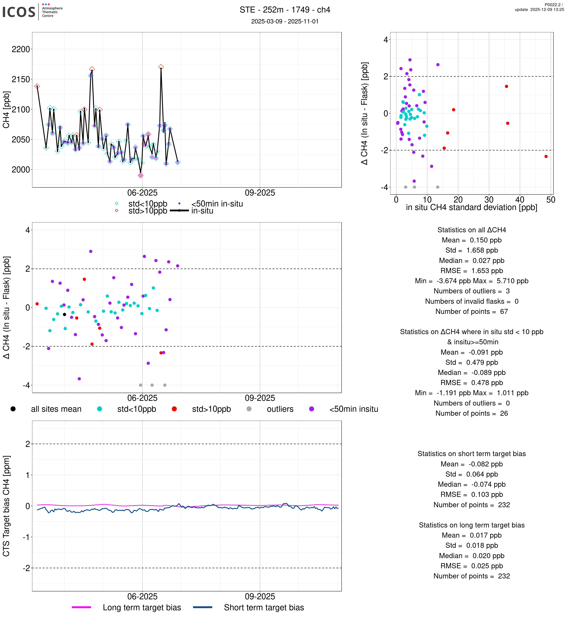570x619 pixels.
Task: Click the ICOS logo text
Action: (19, 12)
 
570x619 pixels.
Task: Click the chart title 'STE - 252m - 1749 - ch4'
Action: (285, 10)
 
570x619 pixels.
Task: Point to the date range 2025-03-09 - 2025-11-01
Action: (285, 21)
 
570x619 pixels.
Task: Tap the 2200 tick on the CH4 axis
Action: (21, 49)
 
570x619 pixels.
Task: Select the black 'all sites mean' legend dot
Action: (13, 409)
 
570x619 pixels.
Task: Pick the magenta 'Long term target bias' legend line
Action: (81, 607)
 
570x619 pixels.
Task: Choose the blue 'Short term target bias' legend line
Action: (203, 607)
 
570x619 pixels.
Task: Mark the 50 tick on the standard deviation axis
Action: (551, 200)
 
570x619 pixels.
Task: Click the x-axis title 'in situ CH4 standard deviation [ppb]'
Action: (472, 207)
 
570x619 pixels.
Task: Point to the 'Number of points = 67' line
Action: (472, 311)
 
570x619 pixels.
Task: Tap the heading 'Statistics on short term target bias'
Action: (472, 454)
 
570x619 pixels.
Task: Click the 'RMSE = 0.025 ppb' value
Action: (472, 566)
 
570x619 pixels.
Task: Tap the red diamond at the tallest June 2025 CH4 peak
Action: (161, 67)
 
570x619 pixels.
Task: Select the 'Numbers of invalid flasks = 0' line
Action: (472, 301)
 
